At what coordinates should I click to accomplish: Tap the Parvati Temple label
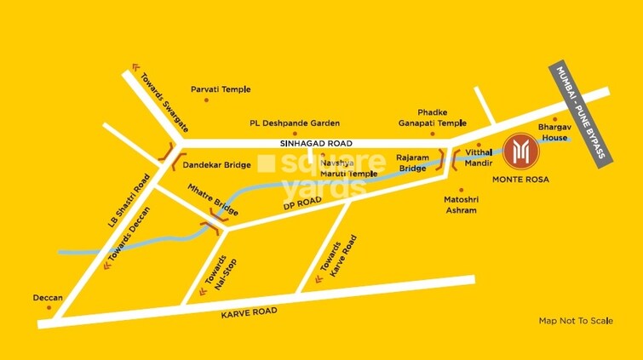pyautogui.click(x=220, y=89)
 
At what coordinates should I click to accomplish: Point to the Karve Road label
pyautogui.click(x=250, y=312)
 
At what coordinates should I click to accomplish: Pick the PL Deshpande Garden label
pyautogui.click(x=295, y=123)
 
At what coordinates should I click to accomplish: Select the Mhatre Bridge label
pyautogui.click(x=213, y=201)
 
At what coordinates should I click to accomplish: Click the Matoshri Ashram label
pyautogui.click(x=461, y=204)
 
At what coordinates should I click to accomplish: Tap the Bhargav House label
pyautogui.click(x=552, y=132)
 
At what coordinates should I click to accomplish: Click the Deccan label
pyautogui.click(x=48, y=298)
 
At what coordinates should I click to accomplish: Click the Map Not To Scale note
pyautogui.click(x=576, y=321)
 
